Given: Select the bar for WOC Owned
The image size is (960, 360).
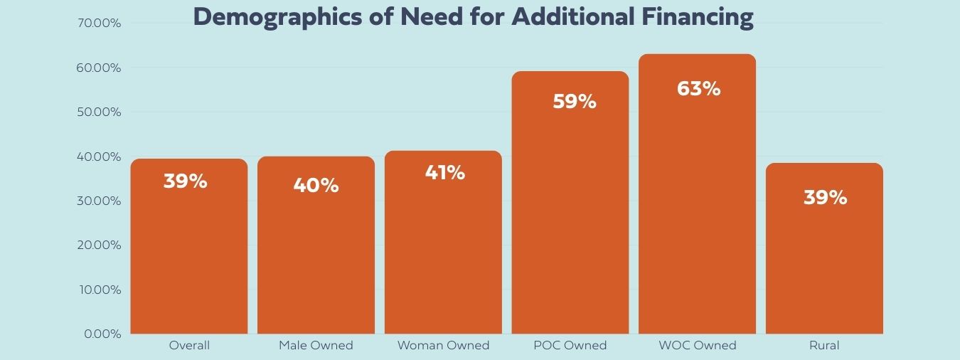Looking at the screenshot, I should click(x=697, y=213).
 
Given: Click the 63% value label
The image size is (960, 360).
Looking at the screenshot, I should click(x=698, y=89).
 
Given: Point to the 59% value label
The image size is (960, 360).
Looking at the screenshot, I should click(x=575, y=102).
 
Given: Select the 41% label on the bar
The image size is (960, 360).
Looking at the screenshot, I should click(x=444, y=172).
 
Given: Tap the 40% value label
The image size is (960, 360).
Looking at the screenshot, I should click(x=316, y=186).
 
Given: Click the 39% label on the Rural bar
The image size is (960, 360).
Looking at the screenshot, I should click(x=825, y=198).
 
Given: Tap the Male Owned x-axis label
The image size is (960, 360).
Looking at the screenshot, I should click(x=316, y=346).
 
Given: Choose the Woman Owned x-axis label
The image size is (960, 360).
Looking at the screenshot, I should click(x=443, y=346).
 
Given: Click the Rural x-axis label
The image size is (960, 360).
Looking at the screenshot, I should click(x=824, y=346).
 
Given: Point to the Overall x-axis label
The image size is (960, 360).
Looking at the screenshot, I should click(x=189, y=346).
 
